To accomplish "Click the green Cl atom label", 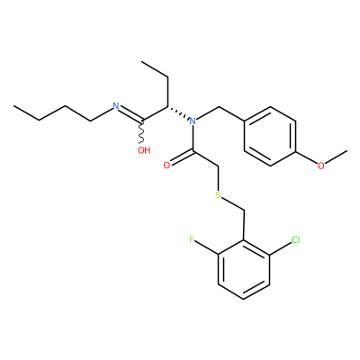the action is pos(295,239).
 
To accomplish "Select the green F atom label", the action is pos(192,239).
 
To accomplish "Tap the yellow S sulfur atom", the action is pos(218,195).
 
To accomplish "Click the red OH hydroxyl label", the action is pos(144,150).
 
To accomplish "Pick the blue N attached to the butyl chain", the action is pos(116,106).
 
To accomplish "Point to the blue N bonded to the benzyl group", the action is pos(193,121).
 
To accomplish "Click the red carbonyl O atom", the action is pos(166,166).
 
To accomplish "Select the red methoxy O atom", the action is pos(321,166).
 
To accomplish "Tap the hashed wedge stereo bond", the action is pos(178,113).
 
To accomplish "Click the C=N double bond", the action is pos(130,114).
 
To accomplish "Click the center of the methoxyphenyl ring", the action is pos(270,136).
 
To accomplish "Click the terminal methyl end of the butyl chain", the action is pos(13,106).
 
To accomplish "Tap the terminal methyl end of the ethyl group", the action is pos(141,62).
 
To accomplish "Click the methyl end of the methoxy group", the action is pos(347,150).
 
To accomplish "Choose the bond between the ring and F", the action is pos(207,248).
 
